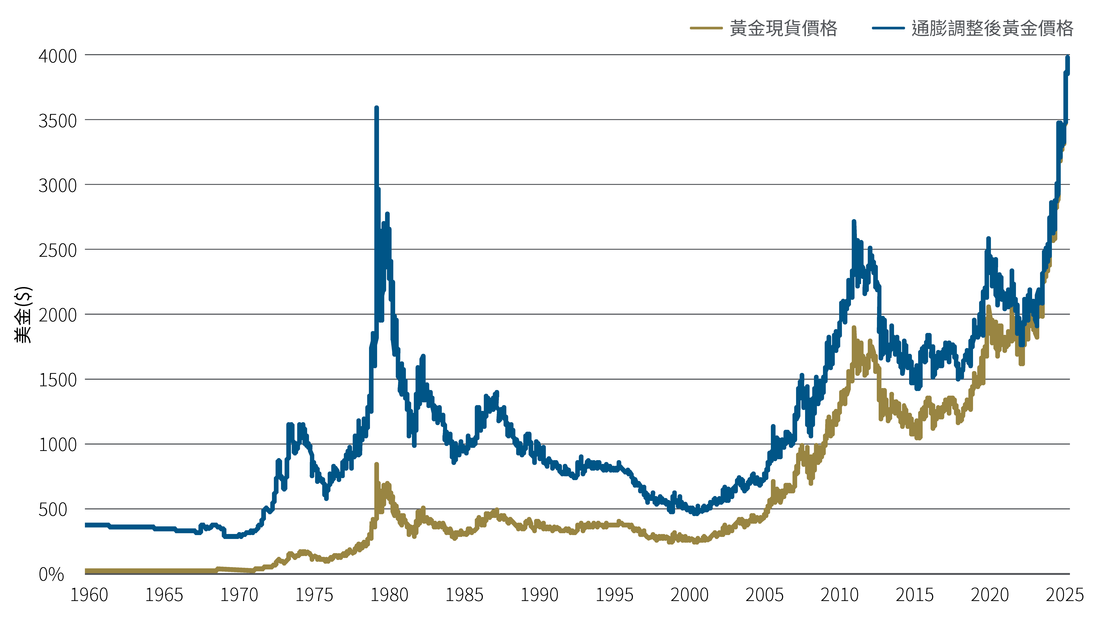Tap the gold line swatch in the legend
[706, 28]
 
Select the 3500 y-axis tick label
[58, 121]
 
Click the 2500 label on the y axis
[58, 251]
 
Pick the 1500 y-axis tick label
[58, 380]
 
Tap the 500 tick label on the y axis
[53, 510]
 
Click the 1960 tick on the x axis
[89, 595]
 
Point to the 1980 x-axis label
[389, 595]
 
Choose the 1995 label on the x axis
[614, 595]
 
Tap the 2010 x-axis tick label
[839, 595]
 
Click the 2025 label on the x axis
[1064, 595]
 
